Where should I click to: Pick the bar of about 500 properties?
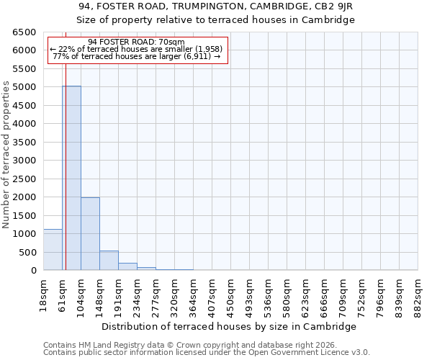[x=109, y=260]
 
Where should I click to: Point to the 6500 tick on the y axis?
[x=23, y=32]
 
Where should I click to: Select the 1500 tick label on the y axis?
[x=23, y=215]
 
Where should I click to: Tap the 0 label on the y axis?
[x=33, y=271]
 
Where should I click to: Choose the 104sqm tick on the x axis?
[x=81, y=294]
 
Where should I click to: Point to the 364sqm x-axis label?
[x=193, y=294]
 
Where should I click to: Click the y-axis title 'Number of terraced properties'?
[x=6, y=155]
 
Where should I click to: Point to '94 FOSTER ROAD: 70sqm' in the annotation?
[x=136, y=42]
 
